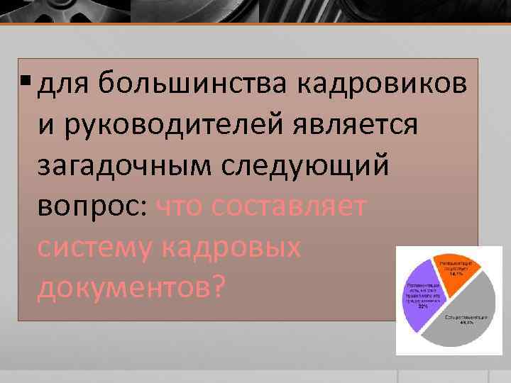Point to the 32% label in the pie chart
click(x=422, y=306)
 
